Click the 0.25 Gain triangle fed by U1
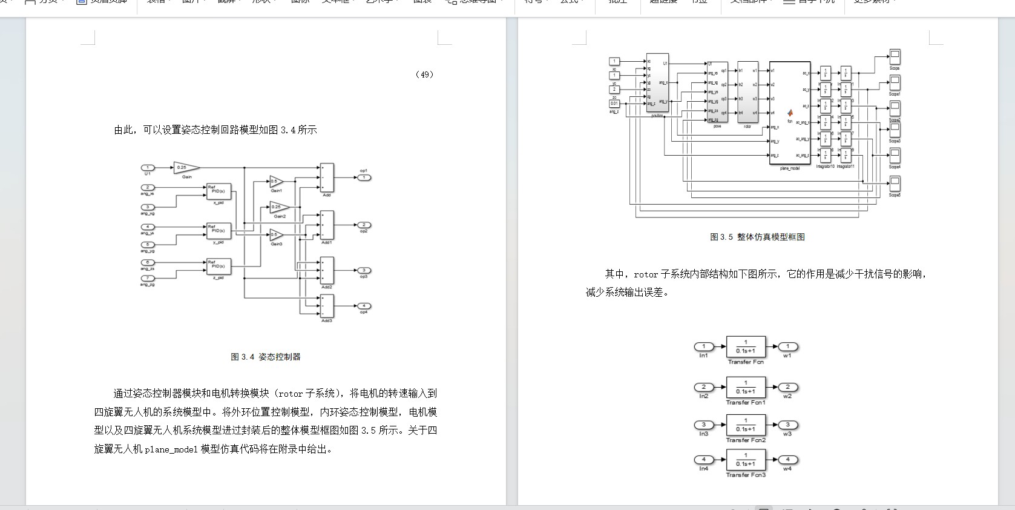click(185, 168)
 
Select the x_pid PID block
click(218, 191)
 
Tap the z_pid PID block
click(218, 266)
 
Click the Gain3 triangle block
click(275, 235)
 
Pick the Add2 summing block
click(327, 271)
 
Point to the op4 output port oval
click(364, 306)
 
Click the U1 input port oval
click(148, 168)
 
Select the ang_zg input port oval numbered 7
click(148, 278)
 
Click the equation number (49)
click(424, 75)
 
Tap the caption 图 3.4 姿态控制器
click(266, 357)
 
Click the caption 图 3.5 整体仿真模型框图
click(757, 237)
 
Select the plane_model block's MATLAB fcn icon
click(790, 113)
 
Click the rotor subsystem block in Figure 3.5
click(747, 92)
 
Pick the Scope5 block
click(895, 184)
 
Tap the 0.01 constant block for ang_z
click(614, 104)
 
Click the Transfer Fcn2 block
click(746, 425)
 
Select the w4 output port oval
click(787, 460)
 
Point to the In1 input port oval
click(704, 347)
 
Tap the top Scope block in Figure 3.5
click(895, 58)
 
